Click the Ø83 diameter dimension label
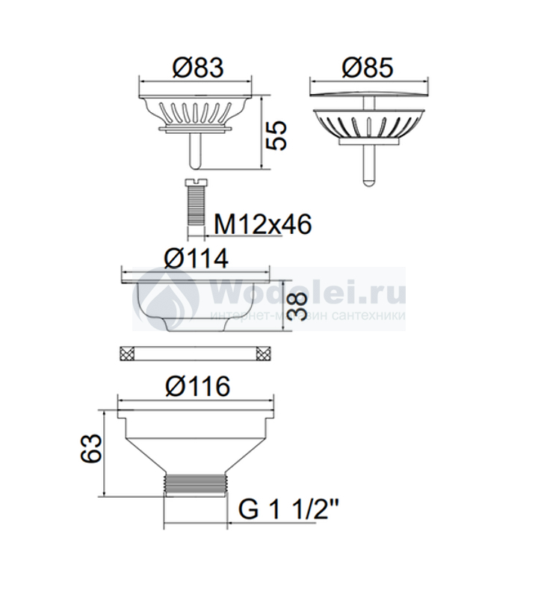pos(198,68)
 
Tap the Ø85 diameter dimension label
pos(368,68)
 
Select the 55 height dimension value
pos(276,136)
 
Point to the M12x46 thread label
pos(263,224)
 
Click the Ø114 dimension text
pos(197,259)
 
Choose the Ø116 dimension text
pos(197,386)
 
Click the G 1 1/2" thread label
pos(288,509)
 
